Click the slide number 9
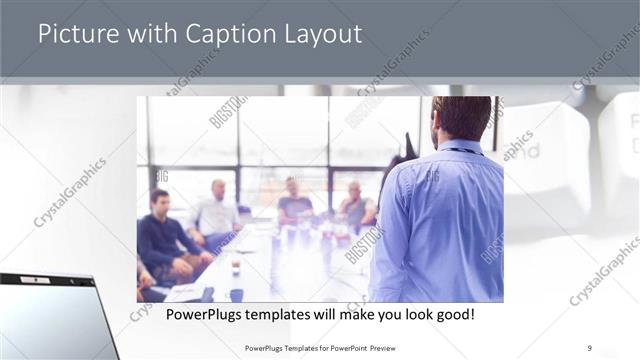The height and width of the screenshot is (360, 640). coord(590,348)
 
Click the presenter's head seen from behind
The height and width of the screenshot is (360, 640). coord(462,117)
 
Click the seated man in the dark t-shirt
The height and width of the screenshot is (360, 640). coord(294,204)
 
